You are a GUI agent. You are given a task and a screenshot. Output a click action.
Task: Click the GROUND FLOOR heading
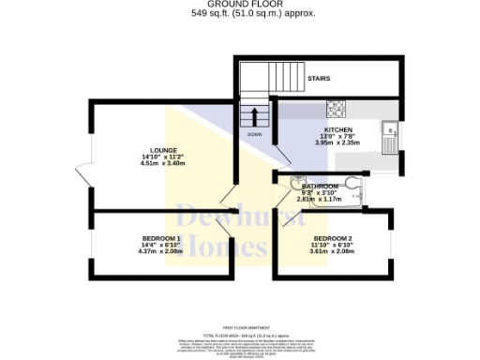[240, 5]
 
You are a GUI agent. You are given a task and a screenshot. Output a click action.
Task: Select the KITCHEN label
[337, 129]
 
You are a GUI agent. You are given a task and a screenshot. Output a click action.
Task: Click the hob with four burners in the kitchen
[337, 108]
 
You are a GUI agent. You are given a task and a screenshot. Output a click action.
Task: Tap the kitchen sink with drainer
[391, 137]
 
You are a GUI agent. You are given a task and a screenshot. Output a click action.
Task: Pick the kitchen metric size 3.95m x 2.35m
[337, 143]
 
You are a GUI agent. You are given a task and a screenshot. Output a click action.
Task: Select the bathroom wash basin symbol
[296, 183]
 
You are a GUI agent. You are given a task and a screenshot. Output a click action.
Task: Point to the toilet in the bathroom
[352, 184]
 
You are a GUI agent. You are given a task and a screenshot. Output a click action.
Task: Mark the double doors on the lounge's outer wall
[84, 176]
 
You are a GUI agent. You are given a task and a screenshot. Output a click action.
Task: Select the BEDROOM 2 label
[333, 238]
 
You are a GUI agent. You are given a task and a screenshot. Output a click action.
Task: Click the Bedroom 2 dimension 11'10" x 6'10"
[333, 245]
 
